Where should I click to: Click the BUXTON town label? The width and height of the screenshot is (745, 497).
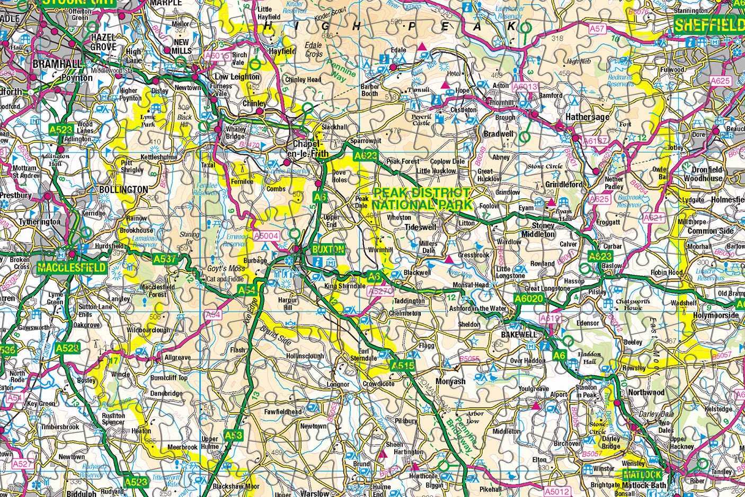click(x=328, y=249)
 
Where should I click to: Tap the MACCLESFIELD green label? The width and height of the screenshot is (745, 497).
click(x=72, y=268)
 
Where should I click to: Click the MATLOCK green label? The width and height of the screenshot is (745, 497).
click(x=643, y=474)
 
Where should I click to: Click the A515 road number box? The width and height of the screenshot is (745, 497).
click(x=402, y=366)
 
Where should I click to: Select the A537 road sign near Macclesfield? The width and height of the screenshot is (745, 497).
click(x=164, y=259)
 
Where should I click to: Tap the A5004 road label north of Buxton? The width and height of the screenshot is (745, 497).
click(x=265, y=235)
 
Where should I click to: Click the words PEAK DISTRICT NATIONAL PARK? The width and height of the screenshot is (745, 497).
click(x=421, y=199)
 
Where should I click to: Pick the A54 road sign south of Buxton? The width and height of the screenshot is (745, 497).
click(x=246, y=290)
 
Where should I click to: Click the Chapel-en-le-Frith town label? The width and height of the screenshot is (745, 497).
click(x=309, y=149)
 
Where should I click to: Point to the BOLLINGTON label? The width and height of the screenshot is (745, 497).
click(x=123, y=189)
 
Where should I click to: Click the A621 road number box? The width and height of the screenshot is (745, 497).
click(x=653, y=218)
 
